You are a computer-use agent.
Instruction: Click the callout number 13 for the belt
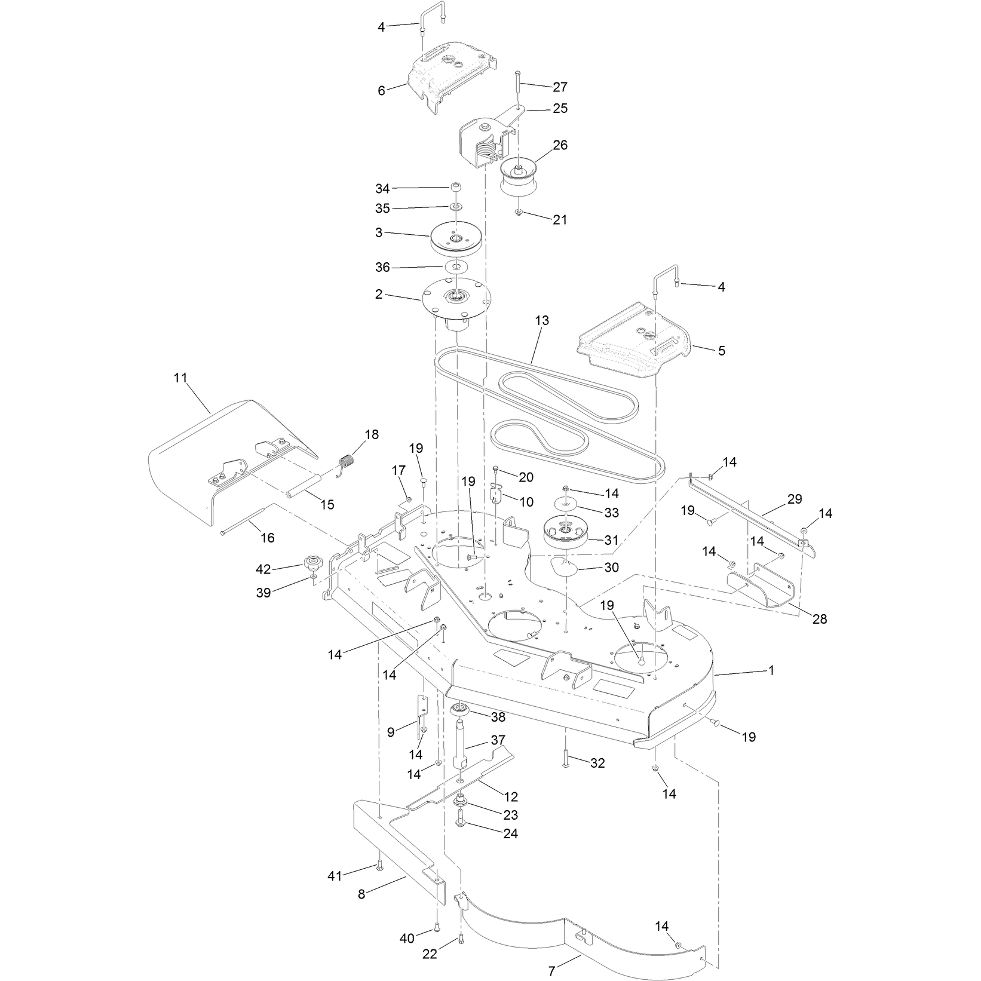pyautogui.click(x=542, y=321)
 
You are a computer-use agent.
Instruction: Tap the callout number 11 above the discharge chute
pyautogui.click(x=180, y=378)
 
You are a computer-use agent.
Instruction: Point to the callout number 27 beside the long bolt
pyautogui.click(x=560, y=87)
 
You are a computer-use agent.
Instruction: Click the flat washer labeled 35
pyautogui.click(x=455, y=207)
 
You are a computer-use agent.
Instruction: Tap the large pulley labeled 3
pyautogui.click(x=455, y=238)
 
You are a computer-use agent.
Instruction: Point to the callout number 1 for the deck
pyautogui.click(x=771, y=670)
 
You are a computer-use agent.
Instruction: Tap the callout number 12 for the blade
pyautogui.click(x=511, y=797)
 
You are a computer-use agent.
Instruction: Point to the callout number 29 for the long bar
pyautogui.click(x=795, y=499)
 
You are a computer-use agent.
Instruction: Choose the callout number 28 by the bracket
pyautogui.click(x=820, y=619)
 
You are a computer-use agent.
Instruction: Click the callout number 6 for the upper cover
pyautogui.click(x=381, y=91)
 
